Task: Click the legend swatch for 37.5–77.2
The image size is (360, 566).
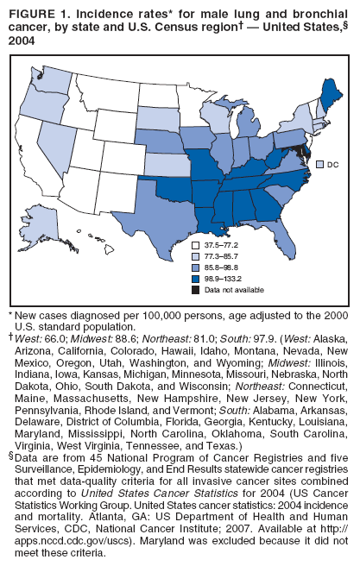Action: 196,248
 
